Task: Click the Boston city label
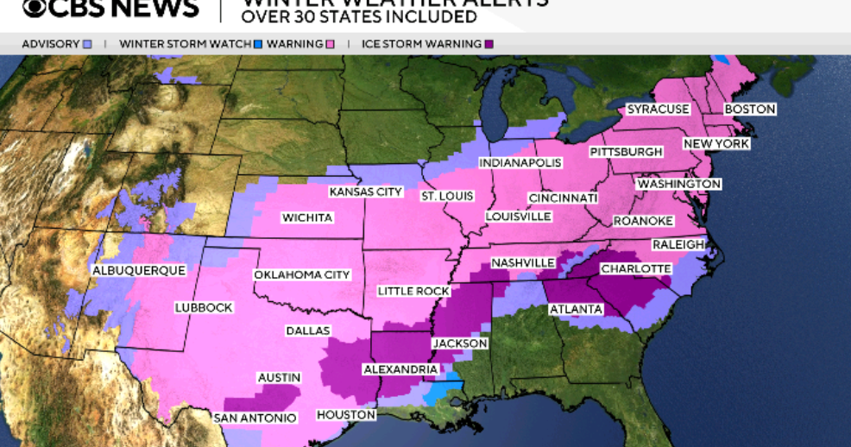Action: (749, 110)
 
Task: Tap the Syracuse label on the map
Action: (658, 110)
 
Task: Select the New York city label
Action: (715, 143)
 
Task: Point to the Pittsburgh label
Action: (626, 152)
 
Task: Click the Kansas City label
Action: (366, 192)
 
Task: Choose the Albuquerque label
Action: (138, 271)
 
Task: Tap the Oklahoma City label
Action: (301, 274)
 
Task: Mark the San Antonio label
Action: (255, 418)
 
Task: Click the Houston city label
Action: (346, 415)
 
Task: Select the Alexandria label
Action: (400, 369)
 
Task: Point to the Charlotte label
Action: (635, 268)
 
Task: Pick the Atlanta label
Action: (576, 309)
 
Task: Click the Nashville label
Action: (522, 262)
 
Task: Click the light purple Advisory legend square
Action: (87, 43)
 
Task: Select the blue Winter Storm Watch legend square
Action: (258, 43)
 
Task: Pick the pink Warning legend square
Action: (329, 43)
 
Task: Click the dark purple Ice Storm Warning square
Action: (490, 43)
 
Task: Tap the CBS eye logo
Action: (35, 9)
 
